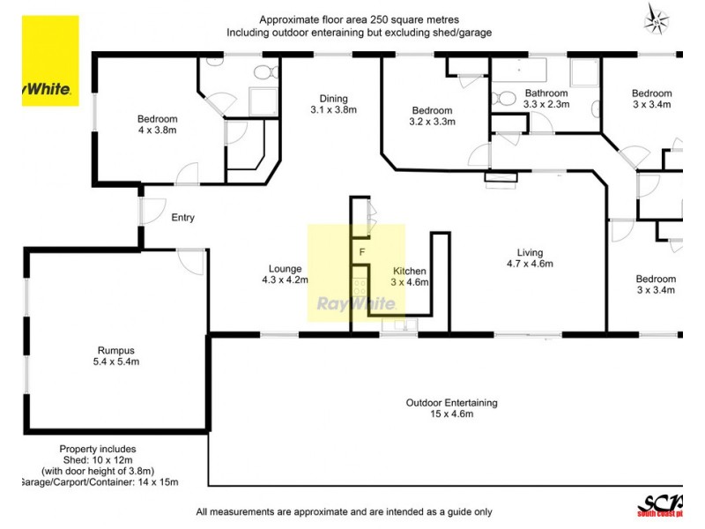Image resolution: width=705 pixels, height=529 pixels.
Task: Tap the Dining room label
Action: tap(329, 99)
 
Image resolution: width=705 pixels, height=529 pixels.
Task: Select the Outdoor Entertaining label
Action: tap(451, 403)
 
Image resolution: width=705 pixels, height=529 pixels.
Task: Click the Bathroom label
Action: tap(546, 93)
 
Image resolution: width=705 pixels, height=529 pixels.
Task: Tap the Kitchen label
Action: tap(410, 271)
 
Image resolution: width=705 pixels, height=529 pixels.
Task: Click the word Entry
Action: tap(182, 218)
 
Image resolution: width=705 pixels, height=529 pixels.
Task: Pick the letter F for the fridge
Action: tap(361, 252)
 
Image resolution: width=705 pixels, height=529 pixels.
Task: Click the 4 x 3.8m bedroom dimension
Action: tap(157, 131)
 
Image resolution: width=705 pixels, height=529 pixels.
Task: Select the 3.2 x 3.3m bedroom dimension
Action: tap(433, 123)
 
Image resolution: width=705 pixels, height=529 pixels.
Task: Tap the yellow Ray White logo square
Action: tap(50, 61)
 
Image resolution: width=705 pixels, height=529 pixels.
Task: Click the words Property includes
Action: tap(98, 449)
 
